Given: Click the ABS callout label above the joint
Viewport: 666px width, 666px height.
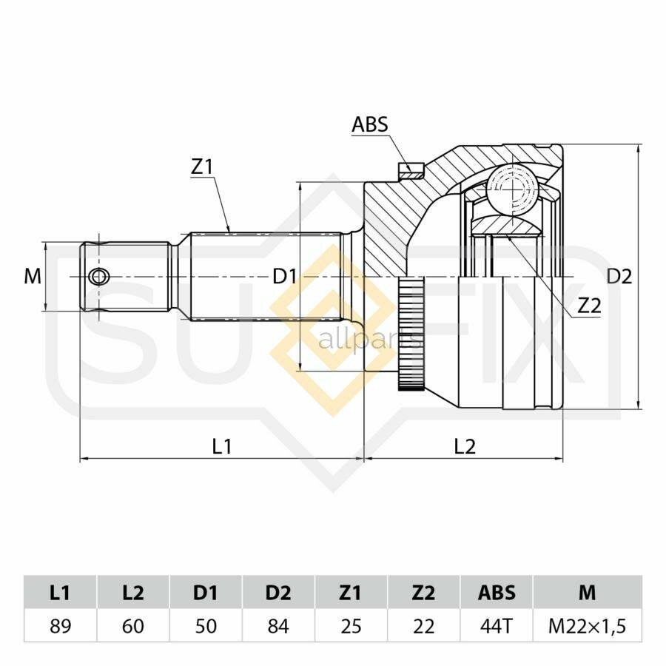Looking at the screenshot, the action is tap(369, 124).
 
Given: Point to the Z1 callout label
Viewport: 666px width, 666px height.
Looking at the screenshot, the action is tap(201, 167).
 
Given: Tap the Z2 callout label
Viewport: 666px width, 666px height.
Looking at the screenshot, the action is tap(590, 306).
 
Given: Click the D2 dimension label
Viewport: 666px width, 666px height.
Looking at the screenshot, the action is tap(619, 277).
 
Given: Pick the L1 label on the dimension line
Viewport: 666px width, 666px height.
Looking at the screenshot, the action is tap(222, 446).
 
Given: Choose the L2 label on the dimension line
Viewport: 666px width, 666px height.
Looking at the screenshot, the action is tap(465, 446).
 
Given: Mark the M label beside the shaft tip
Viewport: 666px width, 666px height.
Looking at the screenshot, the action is tap(33, 277).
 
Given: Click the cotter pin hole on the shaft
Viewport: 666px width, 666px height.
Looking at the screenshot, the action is tap(99, 277).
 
